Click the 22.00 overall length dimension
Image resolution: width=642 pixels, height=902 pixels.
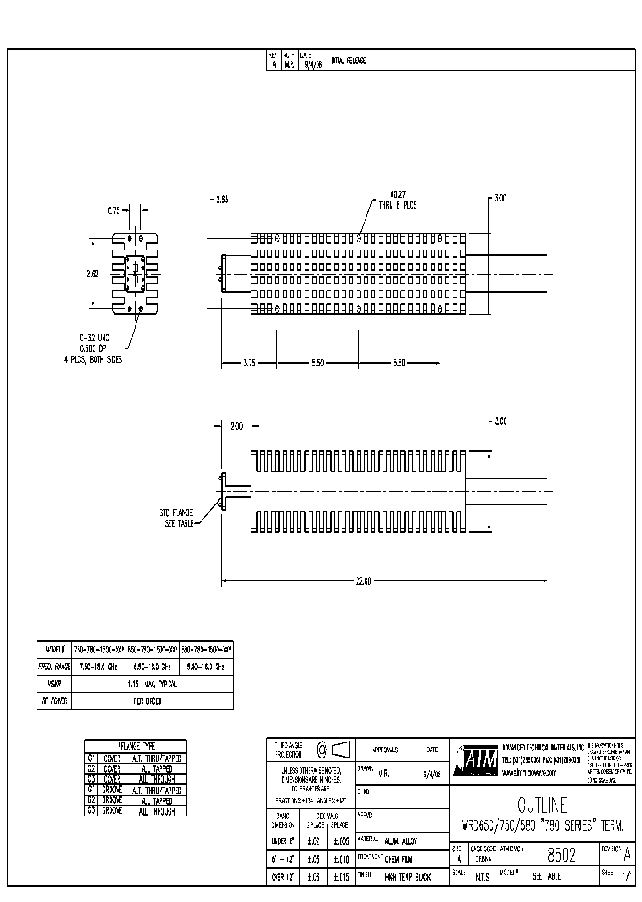pos(362,581)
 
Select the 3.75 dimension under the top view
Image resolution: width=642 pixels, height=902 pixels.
pos(249,364)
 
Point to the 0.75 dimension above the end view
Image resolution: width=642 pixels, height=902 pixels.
pos(114,211)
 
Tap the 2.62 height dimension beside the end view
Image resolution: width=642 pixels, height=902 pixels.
pos(93,274)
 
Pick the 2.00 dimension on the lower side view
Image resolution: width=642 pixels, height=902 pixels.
pos(235,427)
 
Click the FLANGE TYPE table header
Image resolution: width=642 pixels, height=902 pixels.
pos(136,744)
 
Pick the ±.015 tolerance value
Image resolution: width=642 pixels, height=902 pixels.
pos(339,877)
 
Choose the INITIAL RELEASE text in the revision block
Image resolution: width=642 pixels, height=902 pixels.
pos(349,61)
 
